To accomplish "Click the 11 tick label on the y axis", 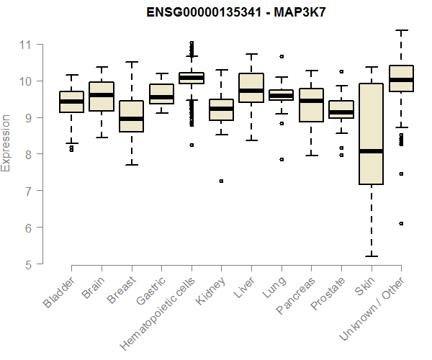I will [26, 45].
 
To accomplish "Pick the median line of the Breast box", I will [131, 119].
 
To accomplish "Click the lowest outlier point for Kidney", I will [221, 181].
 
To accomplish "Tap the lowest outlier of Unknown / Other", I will [401, 224].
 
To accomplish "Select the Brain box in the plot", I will [102, 96].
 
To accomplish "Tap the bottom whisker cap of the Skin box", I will [371, 256].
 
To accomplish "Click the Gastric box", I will [161, 94].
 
